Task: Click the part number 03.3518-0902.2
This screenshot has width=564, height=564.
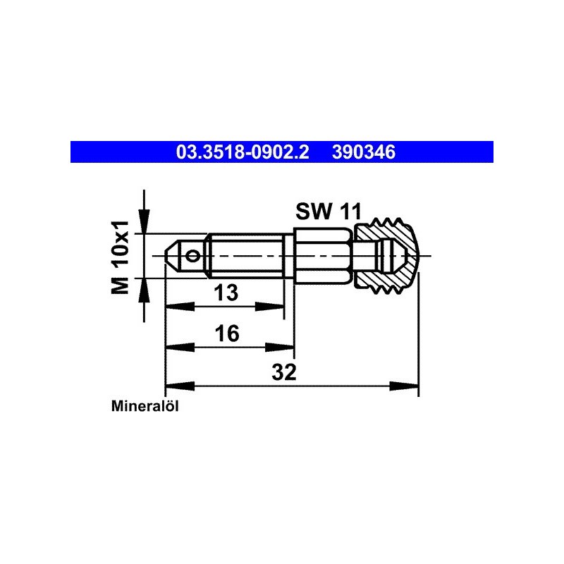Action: [x=243, y=152]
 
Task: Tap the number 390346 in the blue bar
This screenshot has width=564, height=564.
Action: [x=364, y=152]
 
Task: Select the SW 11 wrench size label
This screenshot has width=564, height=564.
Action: [x=328, y=211]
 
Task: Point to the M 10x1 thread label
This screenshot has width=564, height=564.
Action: [x=120, y=257]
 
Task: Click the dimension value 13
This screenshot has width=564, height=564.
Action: [x=226, y=292]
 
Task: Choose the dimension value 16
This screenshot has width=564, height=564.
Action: [x=226, y=333]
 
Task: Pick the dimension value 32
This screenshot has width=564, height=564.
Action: [x=284, y=372]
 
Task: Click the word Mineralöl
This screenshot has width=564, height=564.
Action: [x=145, y=406]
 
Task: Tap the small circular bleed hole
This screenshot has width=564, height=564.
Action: [x=193, y=256]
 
